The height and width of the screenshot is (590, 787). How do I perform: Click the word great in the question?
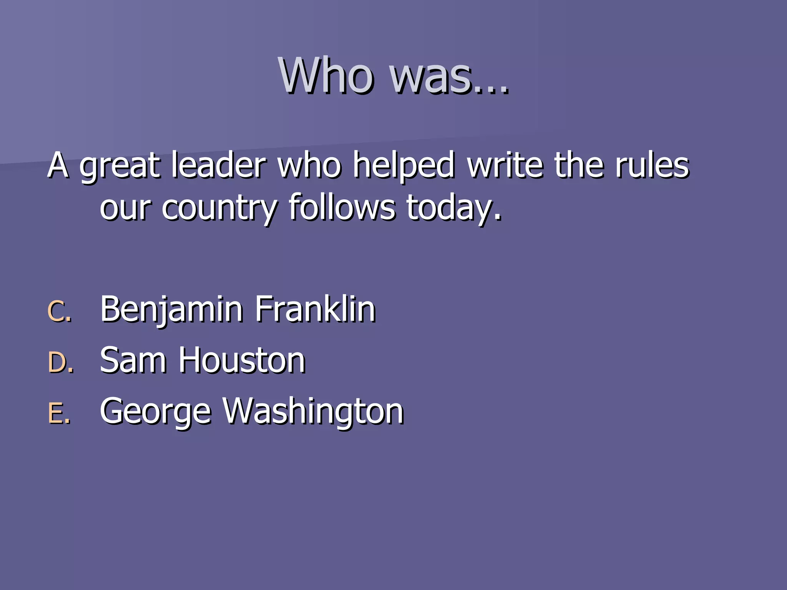point(120,166)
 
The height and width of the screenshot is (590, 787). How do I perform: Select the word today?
point(453,209)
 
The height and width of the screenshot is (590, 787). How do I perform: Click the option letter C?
point(58,311)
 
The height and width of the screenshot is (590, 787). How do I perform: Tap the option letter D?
point(60,362)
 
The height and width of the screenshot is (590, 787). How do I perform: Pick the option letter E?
point(58,413)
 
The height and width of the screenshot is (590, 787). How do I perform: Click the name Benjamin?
point(171,309)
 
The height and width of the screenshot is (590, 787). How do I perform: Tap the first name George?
point(155,412)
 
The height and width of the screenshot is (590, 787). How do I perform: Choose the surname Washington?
point(313,412)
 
